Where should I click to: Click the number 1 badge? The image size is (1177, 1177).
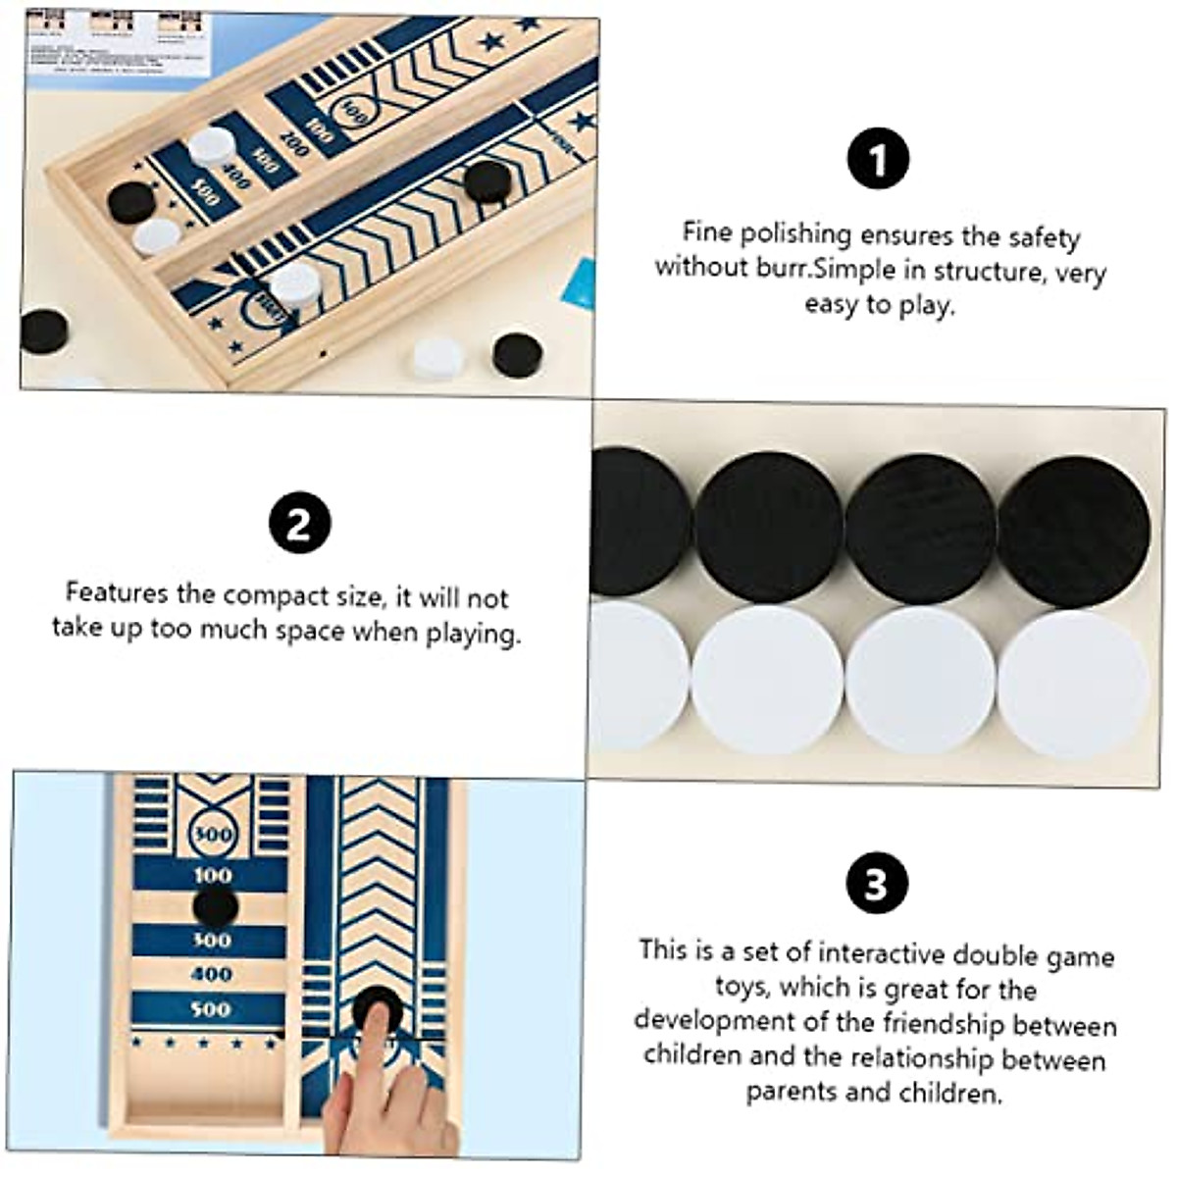point(878,160)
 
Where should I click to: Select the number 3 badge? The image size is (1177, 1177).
point(876,883)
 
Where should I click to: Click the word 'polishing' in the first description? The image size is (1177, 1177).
point(794,234)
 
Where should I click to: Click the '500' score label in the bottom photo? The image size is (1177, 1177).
point(211,1009)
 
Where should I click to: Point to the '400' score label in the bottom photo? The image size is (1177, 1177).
point(211,974)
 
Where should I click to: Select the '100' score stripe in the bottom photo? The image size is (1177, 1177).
point(212,875)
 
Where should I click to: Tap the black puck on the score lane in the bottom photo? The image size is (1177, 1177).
point(215,906)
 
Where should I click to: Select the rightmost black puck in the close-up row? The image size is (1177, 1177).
point(1073,531)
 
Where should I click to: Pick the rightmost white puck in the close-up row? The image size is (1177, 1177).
point(1073,683)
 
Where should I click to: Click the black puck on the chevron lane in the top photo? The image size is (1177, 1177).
point(487,180)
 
